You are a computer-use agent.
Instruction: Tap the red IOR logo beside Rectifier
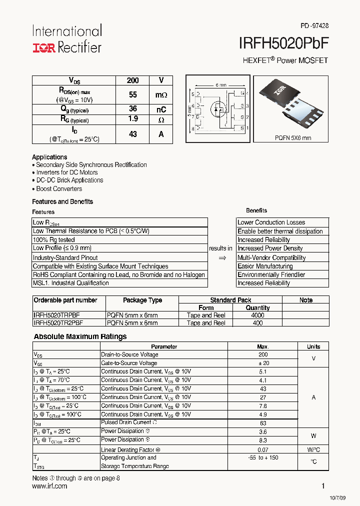pyautogui.click(x=44, y=48)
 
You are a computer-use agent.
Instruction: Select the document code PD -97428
pyautogui.click(x=314, y=25)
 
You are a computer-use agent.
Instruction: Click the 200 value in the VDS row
pyautogui.click(x=133, y=80)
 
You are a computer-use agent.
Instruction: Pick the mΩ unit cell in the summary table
pyautogui.click(x=161, y=94)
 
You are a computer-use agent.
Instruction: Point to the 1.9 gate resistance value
pyautogui.click(x=133, y=119)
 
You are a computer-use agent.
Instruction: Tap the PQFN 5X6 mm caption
pyautogui.click(x=293, y=137)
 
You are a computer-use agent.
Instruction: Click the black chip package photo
pyautogui.click(x=292, y=103)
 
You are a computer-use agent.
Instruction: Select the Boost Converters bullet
pyautogui.click(x=58, y=189)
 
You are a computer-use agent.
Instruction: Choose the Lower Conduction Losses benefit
pyautogui.click(x=271, y=222)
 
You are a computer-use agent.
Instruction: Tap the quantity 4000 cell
pyautogui.click(x=258, y=315)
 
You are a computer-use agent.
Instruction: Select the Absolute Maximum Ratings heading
pyautogui.click(x=80, y=336)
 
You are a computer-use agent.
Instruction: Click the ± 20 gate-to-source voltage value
pyautogui.click(x=263, y=363)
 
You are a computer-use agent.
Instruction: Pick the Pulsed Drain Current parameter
pyautogui.click(x=125, y=422)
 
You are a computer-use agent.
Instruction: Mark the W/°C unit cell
pyautogui.click(x=313, y=449)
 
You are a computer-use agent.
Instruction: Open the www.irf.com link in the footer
pyautogui.click(x=49, y=486)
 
